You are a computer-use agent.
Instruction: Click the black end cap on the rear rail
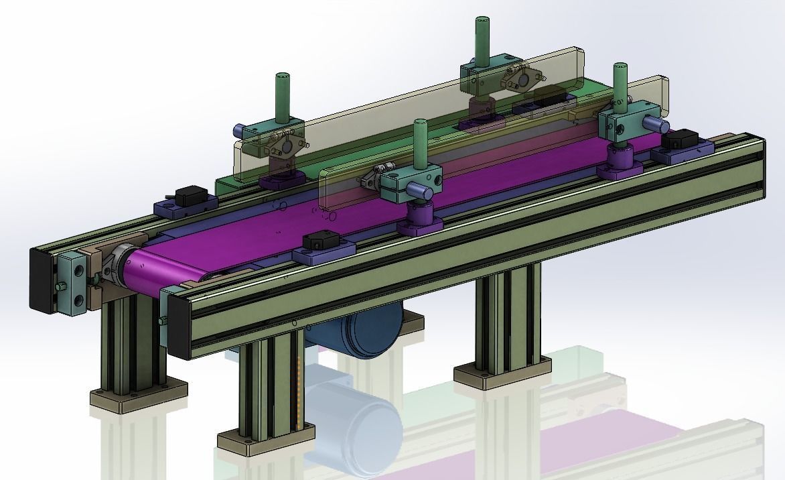click(42, 280)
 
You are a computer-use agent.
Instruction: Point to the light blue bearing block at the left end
click(72, 282)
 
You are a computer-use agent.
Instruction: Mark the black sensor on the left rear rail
click(188, 196)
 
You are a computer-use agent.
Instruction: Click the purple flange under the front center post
click(419, 219)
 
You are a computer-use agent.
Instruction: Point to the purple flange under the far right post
click(620, 163)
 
